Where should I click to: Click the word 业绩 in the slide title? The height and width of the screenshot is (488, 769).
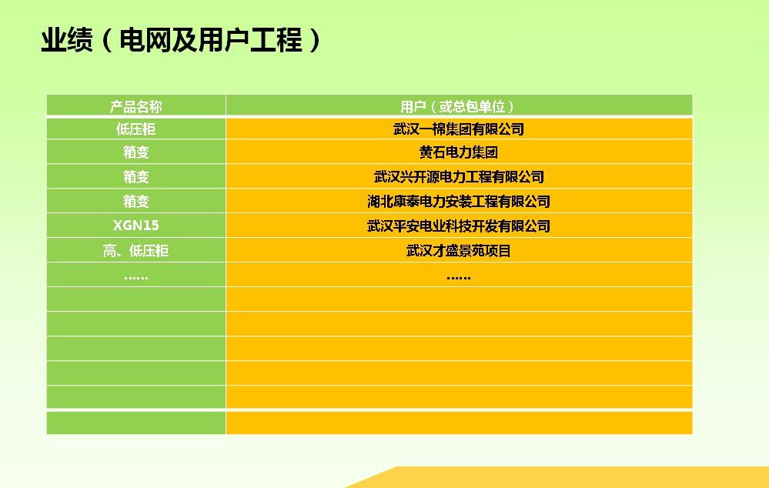(67, 40)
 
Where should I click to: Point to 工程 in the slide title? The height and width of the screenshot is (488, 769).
(276, 40)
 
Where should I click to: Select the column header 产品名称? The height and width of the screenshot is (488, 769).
(135, 106)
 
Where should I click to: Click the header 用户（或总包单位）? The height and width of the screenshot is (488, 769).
(458, 106)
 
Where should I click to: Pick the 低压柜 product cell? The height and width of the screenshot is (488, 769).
(135, 129)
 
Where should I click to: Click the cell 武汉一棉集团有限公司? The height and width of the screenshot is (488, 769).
(459, 129)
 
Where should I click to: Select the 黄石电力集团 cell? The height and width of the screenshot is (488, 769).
(459, 152)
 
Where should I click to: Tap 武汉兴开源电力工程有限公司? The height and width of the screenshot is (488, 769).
(459, 176)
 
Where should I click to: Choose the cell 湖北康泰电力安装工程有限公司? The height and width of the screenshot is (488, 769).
(459, 201)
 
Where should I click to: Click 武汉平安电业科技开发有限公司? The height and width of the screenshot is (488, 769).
(459, 226)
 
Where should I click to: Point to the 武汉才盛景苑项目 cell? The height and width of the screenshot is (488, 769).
(459, 251)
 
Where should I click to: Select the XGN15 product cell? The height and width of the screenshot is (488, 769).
(135, 226)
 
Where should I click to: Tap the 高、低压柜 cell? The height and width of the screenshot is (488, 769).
(135, 251)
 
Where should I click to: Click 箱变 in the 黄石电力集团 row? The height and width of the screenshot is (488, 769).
(135, 152)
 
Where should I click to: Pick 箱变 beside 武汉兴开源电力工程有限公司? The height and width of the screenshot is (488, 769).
(135, 176)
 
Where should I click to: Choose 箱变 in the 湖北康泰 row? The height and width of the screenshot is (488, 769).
(135, 201)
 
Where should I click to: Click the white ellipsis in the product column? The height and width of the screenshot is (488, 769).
(135, 278)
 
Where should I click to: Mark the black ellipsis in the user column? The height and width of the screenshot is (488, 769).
(459, 278)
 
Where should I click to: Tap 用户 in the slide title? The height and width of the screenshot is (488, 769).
(224, 40)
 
